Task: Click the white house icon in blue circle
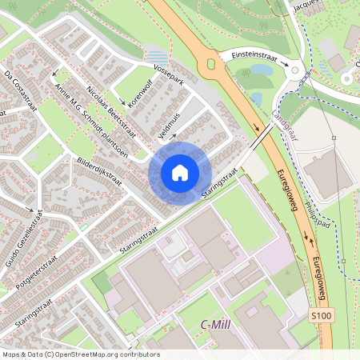(180, 173)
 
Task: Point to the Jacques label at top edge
(308, 5)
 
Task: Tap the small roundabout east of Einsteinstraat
(295, 71)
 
